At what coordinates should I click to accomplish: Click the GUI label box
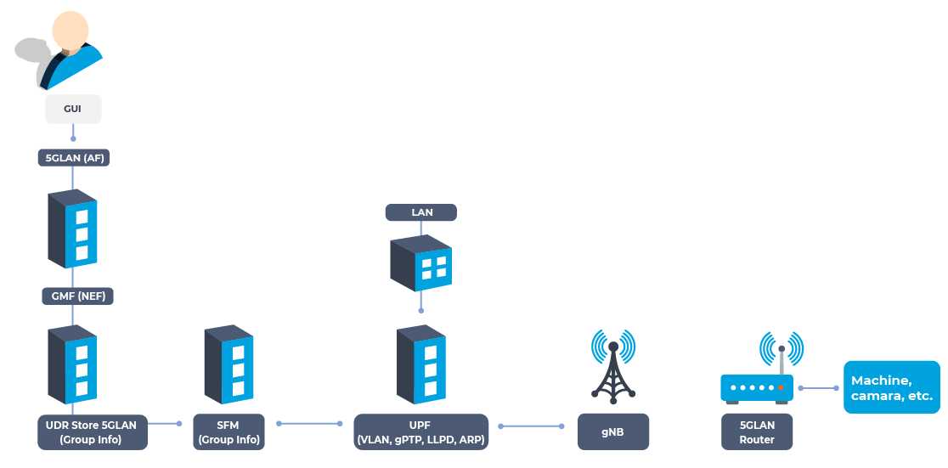point(73,109)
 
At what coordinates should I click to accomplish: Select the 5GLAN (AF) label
point(74,158)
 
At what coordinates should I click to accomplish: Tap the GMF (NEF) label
point(77,296)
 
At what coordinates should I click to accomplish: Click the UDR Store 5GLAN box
point(93,431)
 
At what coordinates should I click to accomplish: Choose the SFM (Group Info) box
point(229,431)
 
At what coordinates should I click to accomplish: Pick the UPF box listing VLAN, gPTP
point(420,431)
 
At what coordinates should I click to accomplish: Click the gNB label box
point(613,431)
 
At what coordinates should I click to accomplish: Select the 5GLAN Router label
point(757,431)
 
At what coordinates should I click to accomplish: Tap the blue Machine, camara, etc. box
point(892,387)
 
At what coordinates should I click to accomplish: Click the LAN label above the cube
point(421,212)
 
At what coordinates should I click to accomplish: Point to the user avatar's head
point(71,30)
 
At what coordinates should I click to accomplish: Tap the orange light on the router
point(781,387)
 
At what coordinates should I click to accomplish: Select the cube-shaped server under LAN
point(420,263)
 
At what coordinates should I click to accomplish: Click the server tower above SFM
point(229,364)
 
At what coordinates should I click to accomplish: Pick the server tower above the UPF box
point(420,364)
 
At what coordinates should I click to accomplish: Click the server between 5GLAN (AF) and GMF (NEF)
point(72,228)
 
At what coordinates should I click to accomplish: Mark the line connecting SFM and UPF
point(309,423)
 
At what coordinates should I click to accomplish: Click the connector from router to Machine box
point(819,387)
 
